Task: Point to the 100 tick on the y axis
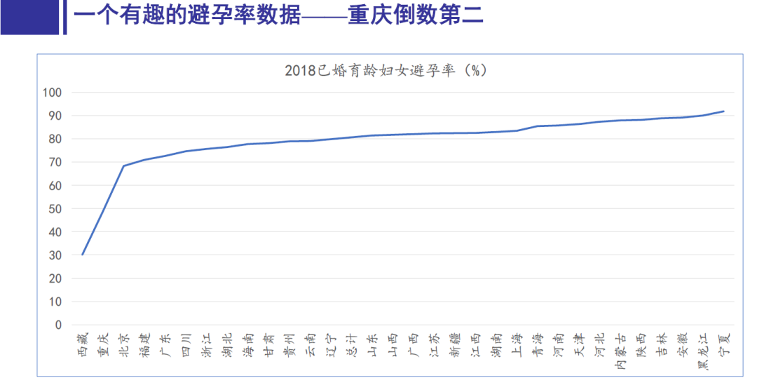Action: (x=53, y=93)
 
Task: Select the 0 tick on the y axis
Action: (x=58, y=325)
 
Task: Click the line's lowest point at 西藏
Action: (x=83, y=255)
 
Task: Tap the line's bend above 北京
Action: (x=124, y=166)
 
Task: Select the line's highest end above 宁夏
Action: (x=723, y=111)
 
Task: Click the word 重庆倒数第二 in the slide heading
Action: (x=415, y=16)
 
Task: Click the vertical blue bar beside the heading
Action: (x=64, y=17)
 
